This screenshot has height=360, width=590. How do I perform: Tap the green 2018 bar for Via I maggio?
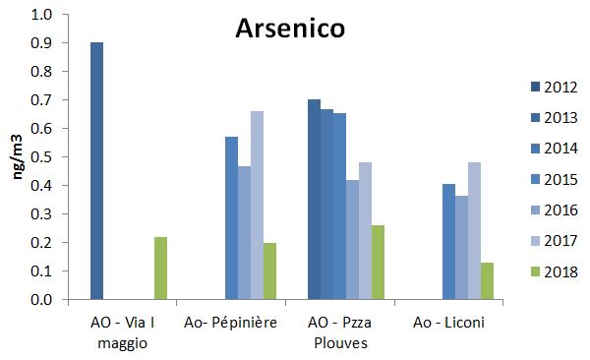(x=160, y=268)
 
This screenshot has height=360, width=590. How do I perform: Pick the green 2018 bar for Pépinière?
(x=269, y=270)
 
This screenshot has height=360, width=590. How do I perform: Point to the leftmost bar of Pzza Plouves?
(x=314, y=199)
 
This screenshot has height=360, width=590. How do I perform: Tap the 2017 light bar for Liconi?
(x=474, y=230)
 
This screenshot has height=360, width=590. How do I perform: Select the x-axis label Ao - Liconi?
(x=448, y=322)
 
